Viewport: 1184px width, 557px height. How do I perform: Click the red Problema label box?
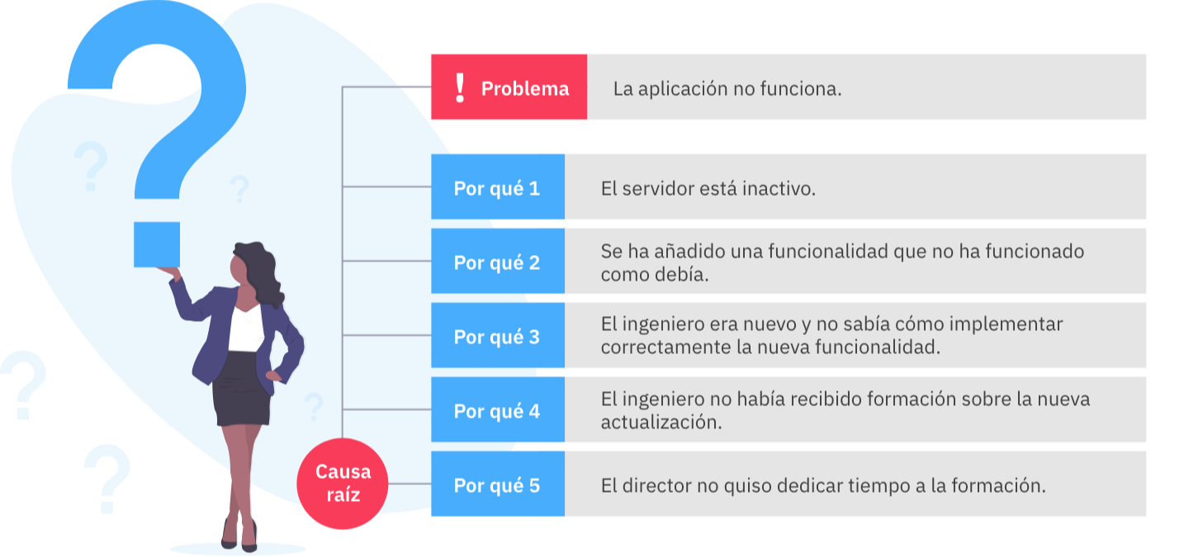(509, 87)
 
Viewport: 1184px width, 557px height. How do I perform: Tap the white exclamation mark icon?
(460, 87)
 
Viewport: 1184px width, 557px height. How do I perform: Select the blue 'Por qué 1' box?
(498, 186)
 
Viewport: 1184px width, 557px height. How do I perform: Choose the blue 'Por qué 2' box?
(498, 261)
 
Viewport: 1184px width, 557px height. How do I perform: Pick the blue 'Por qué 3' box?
(498, 335)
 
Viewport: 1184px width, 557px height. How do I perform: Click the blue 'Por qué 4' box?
(498, 409)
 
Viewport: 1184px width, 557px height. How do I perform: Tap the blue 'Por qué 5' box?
(498, 484)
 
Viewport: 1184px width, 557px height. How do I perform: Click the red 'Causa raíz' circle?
(343, 484)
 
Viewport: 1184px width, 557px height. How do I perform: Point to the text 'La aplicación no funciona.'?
(727, 89)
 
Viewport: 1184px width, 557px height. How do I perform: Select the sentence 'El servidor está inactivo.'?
(708, 189)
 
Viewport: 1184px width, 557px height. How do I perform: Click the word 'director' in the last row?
(657, 486)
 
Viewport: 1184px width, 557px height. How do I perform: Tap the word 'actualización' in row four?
(661, 422)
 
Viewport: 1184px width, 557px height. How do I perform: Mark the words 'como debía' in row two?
(655, 275)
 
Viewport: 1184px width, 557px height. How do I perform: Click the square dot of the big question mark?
(157, 245)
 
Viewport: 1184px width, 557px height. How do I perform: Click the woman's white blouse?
(246, 328)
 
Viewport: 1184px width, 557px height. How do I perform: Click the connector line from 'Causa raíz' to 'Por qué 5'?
(410, 484)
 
